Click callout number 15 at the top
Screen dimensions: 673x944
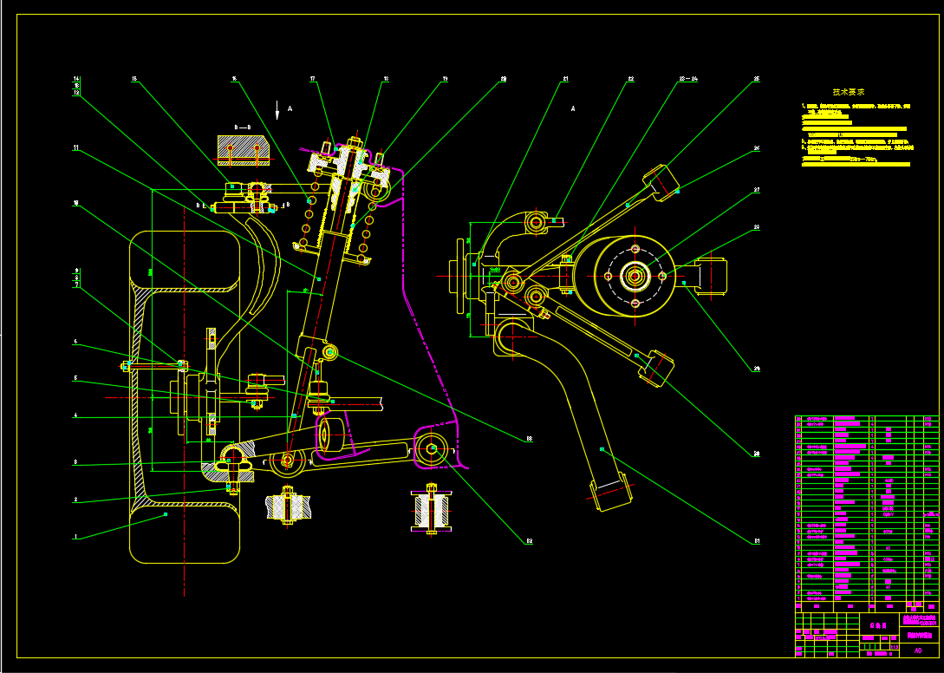point(134,79)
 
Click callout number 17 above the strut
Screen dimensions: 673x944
point(312,79)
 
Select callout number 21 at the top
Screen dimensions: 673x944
point(564,79)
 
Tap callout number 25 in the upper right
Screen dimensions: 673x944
point(756,79)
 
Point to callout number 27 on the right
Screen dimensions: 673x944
point(756,189)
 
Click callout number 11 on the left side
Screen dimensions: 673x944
point(76,148)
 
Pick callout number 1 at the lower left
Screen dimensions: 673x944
point(76,537)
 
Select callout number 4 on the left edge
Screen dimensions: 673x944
point(76,415)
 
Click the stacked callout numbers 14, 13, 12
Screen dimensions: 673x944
point(76,85)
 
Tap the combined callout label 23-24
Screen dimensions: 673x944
point(687,79)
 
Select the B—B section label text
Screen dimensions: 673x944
point(243,127)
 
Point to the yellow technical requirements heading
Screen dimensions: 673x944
point(848,91)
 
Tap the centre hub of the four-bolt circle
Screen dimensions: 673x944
point(635,277)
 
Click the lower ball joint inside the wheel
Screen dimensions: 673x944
point(233,459)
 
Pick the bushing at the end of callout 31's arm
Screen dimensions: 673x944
point(610,493)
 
